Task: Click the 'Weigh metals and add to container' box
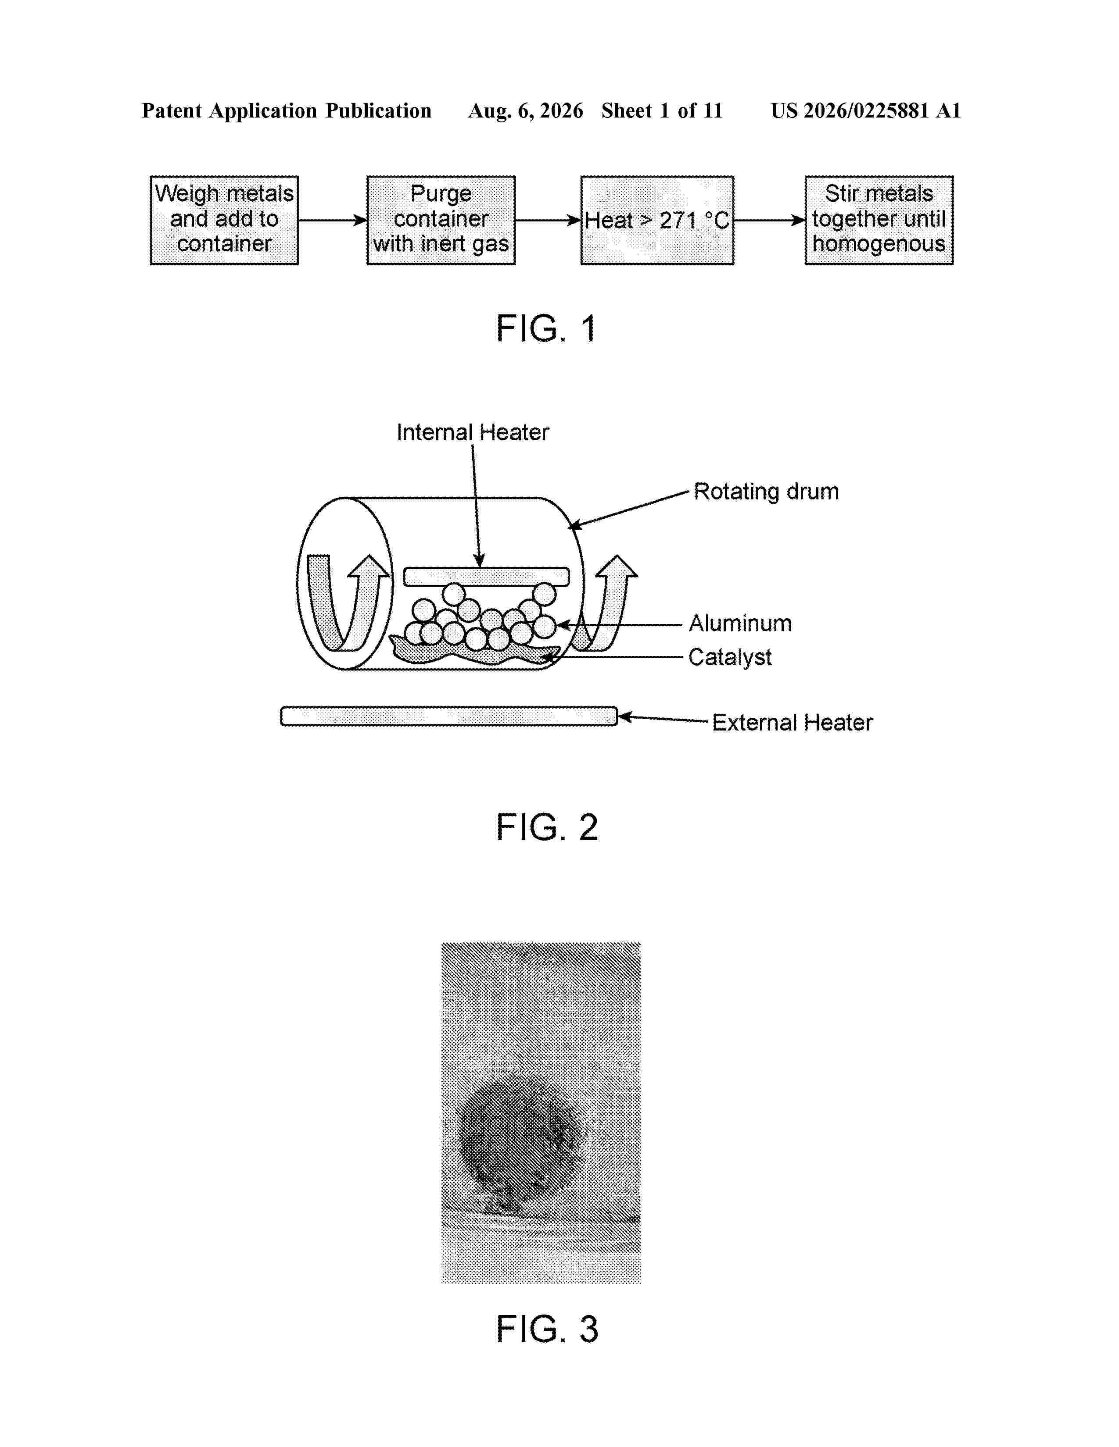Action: (224, 220)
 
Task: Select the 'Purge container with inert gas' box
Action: (441, 220)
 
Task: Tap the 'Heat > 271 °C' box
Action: (657, 220)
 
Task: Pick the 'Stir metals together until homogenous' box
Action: (879, 220)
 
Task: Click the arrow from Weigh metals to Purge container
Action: (333, 221)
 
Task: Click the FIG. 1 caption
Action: (547, 328)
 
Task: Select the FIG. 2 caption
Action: (547, 827)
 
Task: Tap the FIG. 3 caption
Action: (547, 1329)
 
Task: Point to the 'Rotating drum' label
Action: (766, 492)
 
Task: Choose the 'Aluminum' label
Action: (740, 624)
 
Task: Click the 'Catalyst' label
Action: (730, 657)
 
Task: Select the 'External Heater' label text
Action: (792, 722)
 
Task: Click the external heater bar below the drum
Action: (449, 716)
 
